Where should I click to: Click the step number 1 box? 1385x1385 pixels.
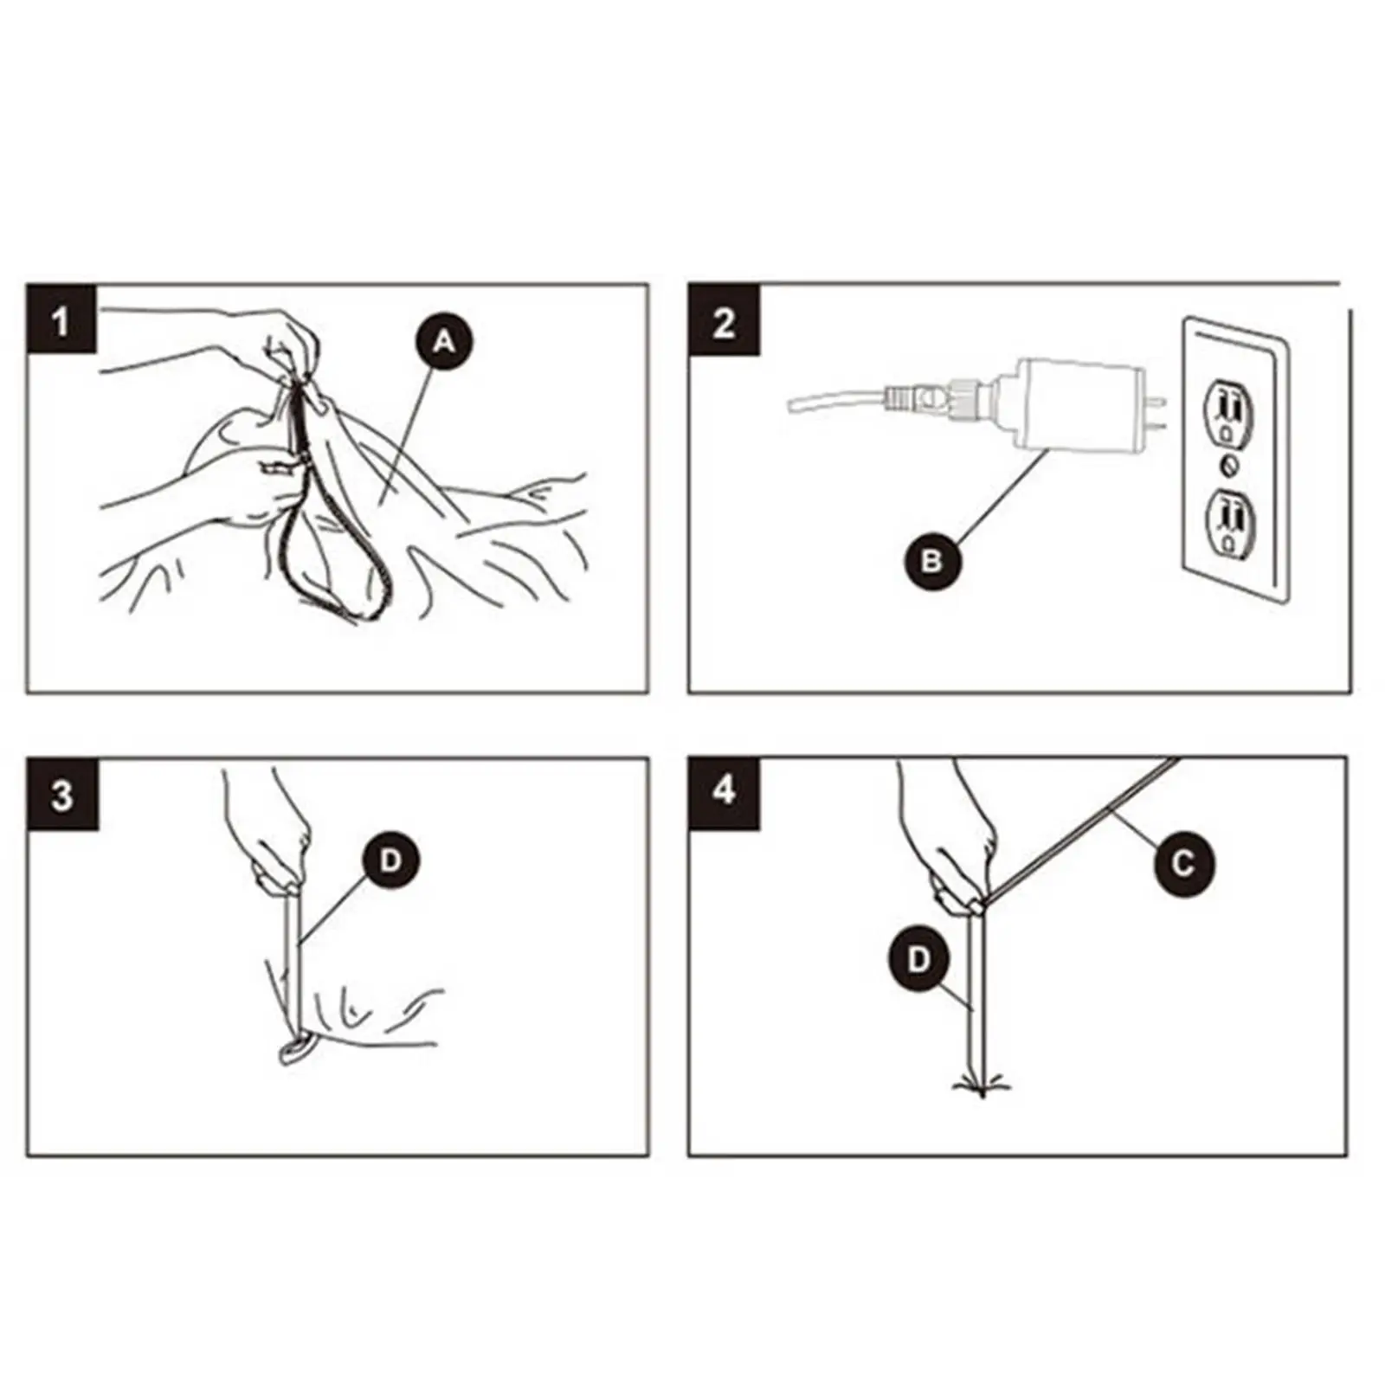61,319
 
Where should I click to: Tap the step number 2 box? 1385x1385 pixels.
724,319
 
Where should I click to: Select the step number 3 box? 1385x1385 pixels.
61,794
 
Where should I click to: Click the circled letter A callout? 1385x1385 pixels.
444,343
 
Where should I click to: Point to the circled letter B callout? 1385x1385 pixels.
932,562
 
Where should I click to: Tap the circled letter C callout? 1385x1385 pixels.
1183,863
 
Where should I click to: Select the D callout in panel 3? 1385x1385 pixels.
391,860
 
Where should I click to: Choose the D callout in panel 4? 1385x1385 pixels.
918,960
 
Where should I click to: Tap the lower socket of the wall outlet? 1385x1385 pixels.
1230,521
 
